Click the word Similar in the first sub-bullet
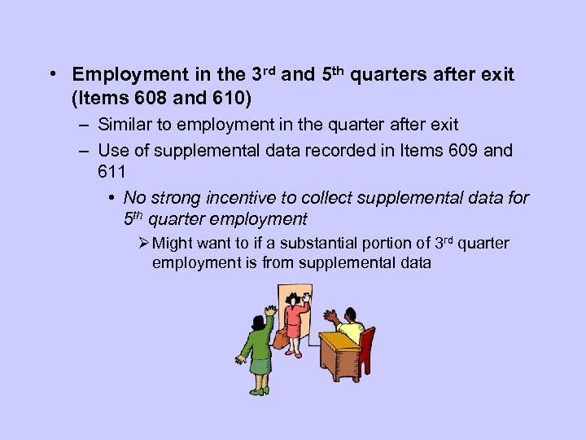point(123,125)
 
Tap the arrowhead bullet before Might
point(143,244)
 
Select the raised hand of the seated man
point(330,315)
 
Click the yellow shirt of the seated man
point(351,331)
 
